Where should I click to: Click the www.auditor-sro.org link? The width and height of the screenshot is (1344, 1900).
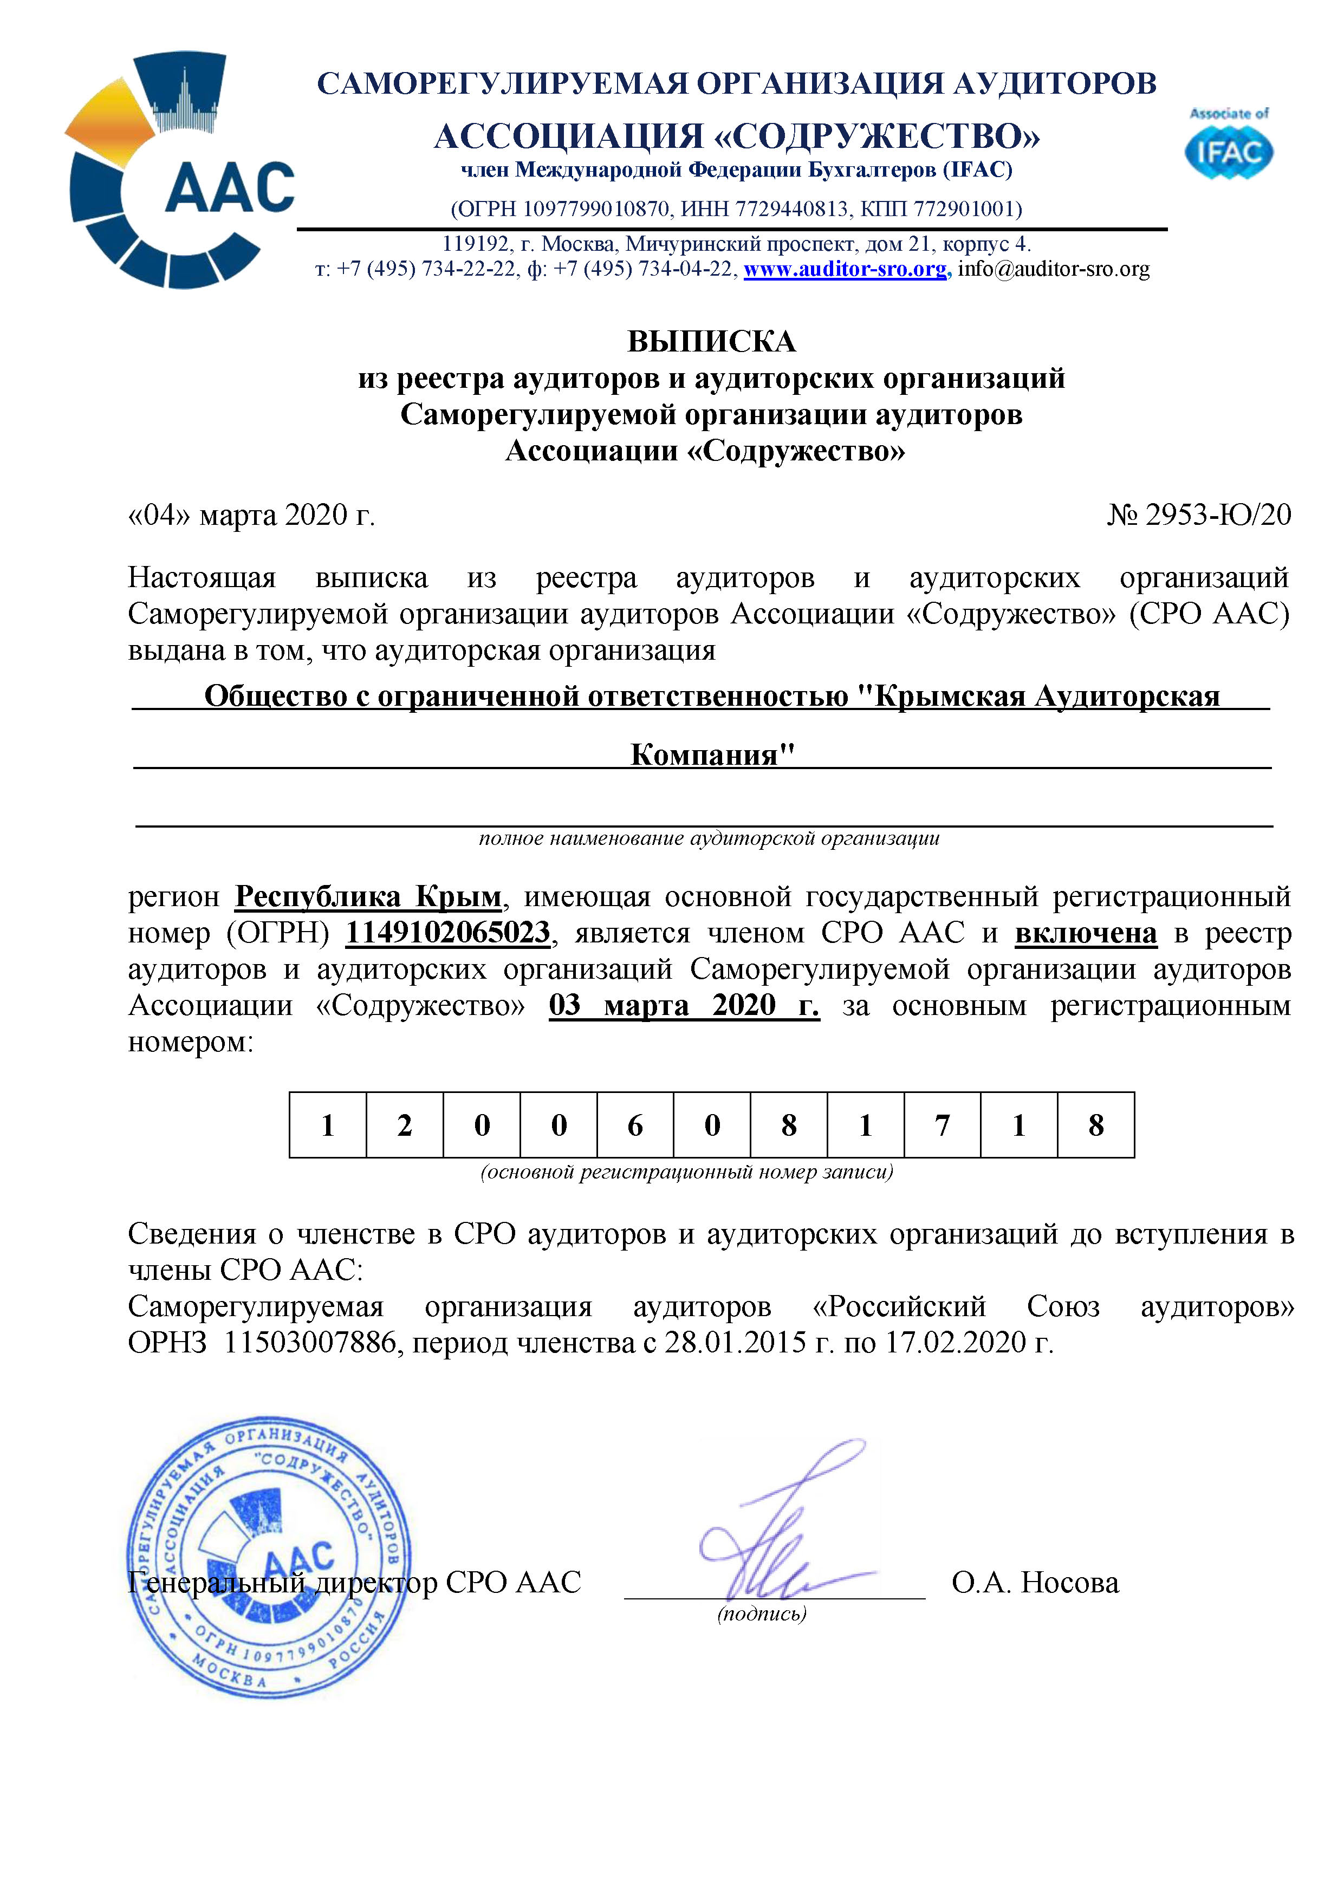(x=845, y=269)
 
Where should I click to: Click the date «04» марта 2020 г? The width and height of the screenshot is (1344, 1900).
(x=251, y=515)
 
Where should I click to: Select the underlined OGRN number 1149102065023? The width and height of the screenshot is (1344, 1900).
(x=447, y=933)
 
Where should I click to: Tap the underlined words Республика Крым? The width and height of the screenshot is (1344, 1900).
(x=368, y=896)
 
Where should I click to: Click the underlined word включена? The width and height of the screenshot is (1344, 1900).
(x=1085, y=933)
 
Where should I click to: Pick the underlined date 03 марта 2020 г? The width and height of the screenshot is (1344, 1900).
(x=684, y=1005)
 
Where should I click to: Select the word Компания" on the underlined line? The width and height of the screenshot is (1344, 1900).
(x=712, y=754)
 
